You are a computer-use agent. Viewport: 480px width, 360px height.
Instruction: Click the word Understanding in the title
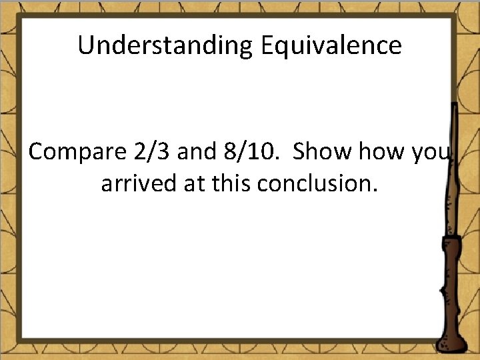click(163, 46)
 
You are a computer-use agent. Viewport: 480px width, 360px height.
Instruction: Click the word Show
click(323, 152)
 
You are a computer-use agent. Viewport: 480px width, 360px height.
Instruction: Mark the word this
click(229, 183)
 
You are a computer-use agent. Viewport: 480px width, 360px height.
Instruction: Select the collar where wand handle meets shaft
click(453, 239)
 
